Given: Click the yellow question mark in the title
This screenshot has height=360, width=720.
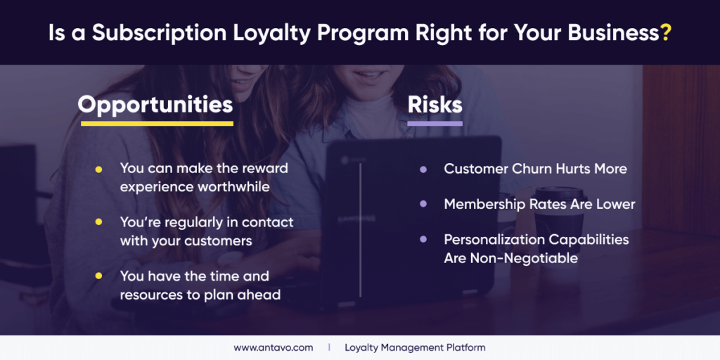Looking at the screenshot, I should (665, 33).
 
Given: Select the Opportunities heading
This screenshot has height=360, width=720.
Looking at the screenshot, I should (155, 104).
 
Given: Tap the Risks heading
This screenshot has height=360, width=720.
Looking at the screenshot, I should (435, 104).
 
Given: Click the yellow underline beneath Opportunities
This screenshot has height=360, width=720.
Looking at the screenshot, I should (156, 124).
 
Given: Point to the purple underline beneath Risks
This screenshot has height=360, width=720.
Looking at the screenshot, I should (435, 124).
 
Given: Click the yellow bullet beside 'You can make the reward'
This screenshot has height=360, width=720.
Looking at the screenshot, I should (98, 169).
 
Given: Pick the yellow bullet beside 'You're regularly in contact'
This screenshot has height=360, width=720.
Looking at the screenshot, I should (98, 222).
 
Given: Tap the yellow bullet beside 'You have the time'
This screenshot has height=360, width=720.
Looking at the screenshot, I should (98, 276).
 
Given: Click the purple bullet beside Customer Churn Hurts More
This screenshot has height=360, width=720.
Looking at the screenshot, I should (423, 169).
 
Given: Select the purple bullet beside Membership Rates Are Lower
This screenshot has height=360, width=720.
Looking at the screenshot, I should (423, 205).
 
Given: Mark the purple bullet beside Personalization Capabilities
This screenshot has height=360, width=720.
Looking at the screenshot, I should (423, 240).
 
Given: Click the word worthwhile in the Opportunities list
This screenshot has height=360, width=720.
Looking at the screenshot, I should (233, 187).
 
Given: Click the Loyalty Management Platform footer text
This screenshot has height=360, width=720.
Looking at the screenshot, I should (415, 347).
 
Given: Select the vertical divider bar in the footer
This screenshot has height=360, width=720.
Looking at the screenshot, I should (328, 347).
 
